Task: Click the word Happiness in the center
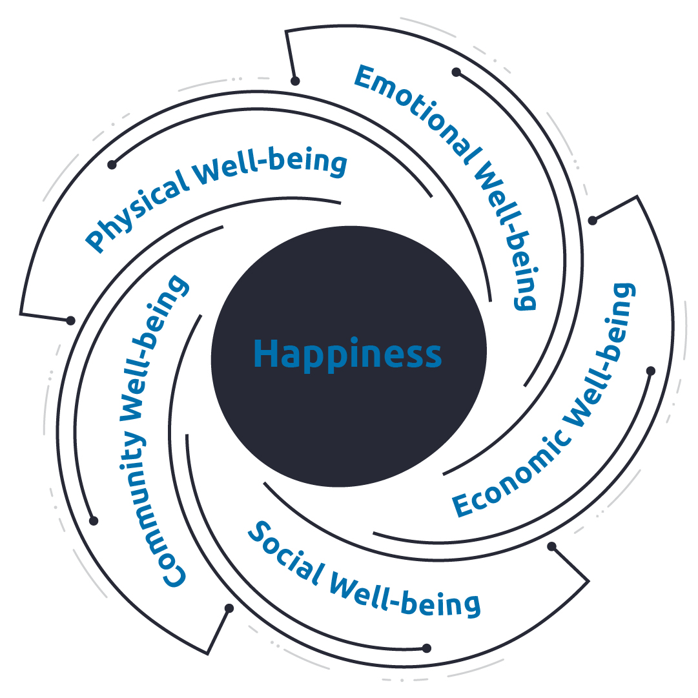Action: pyautogui.click(x=347, y=354)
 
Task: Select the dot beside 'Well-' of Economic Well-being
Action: pyautogui.click(x=651, y=371)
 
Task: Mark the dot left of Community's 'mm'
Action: pyautogui.click(x=94, y=520)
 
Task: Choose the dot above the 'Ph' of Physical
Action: pyautogui.click(x=112, y=165)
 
